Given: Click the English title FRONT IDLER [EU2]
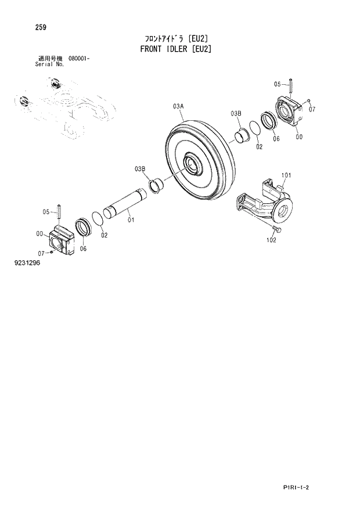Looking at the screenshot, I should click(x=175, y=49).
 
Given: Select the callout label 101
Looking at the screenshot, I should click(x=286, y=175).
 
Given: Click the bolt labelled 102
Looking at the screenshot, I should click(x=278, y=230).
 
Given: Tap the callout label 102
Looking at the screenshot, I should click(x=272, y=240).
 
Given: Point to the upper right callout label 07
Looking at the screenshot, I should click(x=312, y=109).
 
